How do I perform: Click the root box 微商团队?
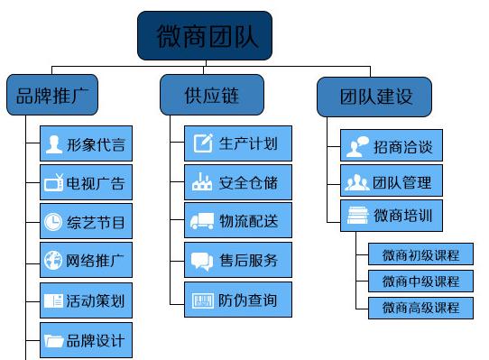pos(205,36)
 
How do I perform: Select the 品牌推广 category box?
pos(51,96)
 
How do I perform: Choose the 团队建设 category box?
pos(374,96)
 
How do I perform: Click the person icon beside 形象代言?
pos(54,144)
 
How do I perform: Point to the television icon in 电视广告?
pos(54,184)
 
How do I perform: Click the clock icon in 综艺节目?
pos(54,221)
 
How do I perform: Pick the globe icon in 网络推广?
pos(54,261)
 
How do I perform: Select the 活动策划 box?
pos(86,300)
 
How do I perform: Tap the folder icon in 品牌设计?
pos(54,341)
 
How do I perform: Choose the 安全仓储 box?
pos(238,183)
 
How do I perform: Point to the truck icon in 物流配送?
pos(202,221)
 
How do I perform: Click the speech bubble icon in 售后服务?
pos(202,261)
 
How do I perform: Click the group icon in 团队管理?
pos(357,182)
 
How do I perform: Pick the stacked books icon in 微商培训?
pos(357,217)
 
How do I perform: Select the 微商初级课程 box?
pos(420,254)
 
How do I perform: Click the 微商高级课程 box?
pos(420,308)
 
